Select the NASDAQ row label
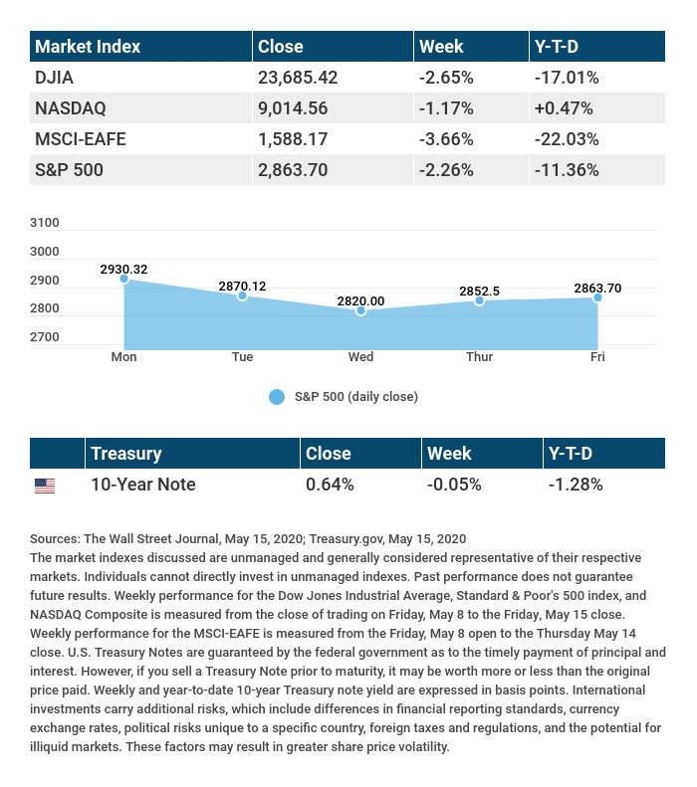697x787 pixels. click(70, 107)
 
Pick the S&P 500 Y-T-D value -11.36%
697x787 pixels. click(567, 170)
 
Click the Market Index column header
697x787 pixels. click(88, 47)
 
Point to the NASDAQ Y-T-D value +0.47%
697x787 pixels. click(564, 107)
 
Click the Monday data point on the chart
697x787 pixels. click(124, 279)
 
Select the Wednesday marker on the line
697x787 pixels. click(360, 311)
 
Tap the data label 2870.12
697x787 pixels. click(242, 287)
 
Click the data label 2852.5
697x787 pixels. click(479, 291)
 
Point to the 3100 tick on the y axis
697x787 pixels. click(46, 223)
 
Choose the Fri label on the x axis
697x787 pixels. click(597, 357)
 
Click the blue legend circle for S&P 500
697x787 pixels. click(277, 397)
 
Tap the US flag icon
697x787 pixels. click(45, 486)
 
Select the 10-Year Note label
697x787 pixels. click(142, 486)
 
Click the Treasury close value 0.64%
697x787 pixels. click(330, 486)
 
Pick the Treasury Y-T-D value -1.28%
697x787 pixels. click(576, 486)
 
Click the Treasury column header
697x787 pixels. click(125, 454)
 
